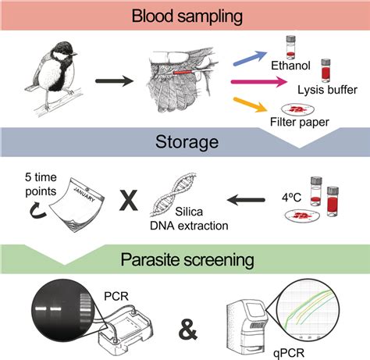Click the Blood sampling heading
[x=185, y=16]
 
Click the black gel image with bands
[x=62, y=305]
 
